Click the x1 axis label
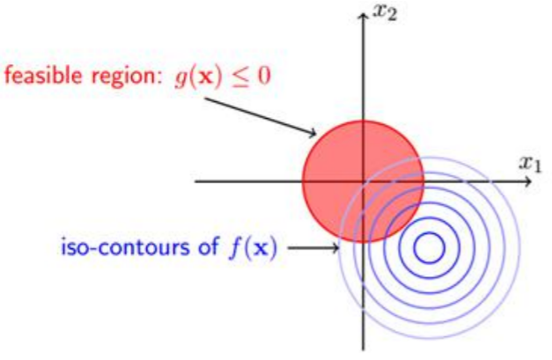coord(529,163)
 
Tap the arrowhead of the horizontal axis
coord(528,181)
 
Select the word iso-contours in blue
coord(110,248)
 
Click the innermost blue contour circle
coord(429,248)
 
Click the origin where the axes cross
coord(363,181)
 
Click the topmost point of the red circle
coord(363,121)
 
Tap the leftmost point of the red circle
coord(302,181)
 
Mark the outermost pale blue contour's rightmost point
coord(521,248)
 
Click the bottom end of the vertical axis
coord(363,348)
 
